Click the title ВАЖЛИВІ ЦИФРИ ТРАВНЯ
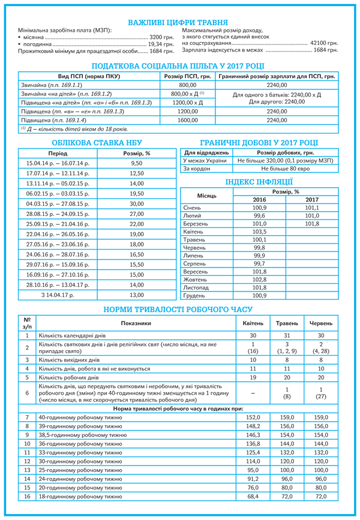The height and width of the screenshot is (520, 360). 180,20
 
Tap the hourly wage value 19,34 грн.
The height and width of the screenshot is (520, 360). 161,44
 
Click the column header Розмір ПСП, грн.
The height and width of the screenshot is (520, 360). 187,77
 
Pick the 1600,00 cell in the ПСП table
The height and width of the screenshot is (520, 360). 187,120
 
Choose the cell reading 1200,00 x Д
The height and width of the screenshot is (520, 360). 187,103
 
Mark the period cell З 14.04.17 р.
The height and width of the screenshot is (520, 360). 58,295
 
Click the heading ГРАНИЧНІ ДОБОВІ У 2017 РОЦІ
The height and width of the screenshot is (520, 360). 259,142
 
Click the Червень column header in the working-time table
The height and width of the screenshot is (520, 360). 321,323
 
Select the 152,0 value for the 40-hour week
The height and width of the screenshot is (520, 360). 253,416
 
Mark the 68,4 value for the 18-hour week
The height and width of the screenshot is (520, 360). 253,497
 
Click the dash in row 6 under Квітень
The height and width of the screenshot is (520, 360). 253,393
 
